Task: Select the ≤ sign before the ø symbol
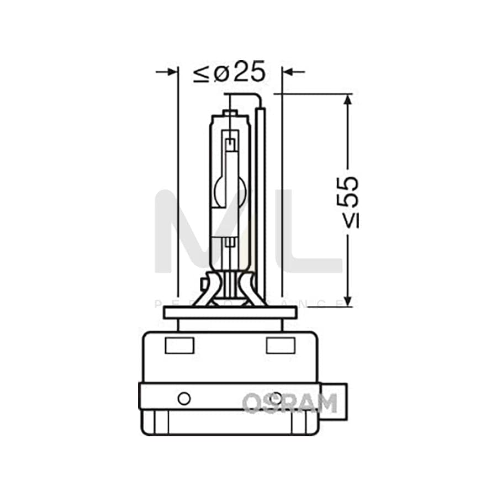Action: (200, 73)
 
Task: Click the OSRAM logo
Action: (289, 403)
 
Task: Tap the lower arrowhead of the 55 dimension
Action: (347, 300)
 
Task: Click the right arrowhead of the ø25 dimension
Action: (287, 72)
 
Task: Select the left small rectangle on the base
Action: (179, 345)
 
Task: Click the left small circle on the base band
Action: (184, 398)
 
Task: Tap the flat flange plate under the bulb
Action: (230, 313)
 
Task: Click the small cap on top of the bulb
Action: (230, 113)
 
